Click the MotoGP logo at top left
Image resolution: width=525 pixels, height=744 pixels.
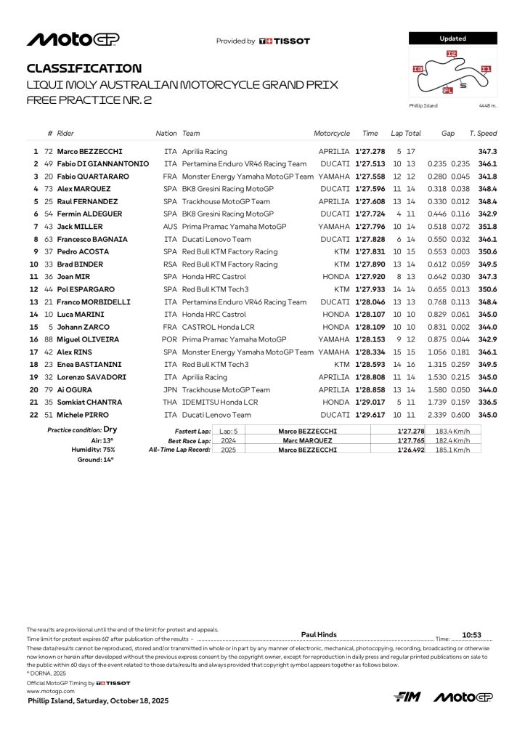[73, 40]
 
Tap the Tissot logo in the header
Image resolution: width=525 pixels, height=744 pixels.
[285, 41]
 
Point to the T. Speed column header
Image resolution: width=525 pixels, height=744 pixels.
[483, 134]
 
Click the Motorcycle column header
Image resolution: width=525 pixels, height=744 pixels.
[332, 134]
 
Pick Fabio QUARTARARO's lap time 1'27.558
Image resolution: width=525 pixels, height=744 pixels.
[370, 177]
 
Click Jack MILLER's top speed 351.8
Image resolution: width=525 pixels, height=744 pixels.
[487, 227]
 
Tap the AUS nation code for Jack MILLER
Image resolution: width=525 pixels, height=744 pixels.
[171, 227]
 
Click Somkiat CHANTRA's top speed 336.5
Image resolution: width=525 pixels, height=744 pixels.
[487, 402]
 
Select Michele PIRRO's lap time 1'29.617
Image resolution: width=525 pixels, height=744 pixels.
[370, 414]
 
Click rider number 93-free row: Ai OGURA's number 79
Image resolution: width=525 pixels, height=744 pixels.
[49, 389]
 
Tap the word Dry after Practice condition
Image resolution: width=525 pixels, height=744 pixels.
[110, 430]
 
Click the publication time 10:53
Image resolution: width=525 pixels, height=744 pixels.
[473, 634]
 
